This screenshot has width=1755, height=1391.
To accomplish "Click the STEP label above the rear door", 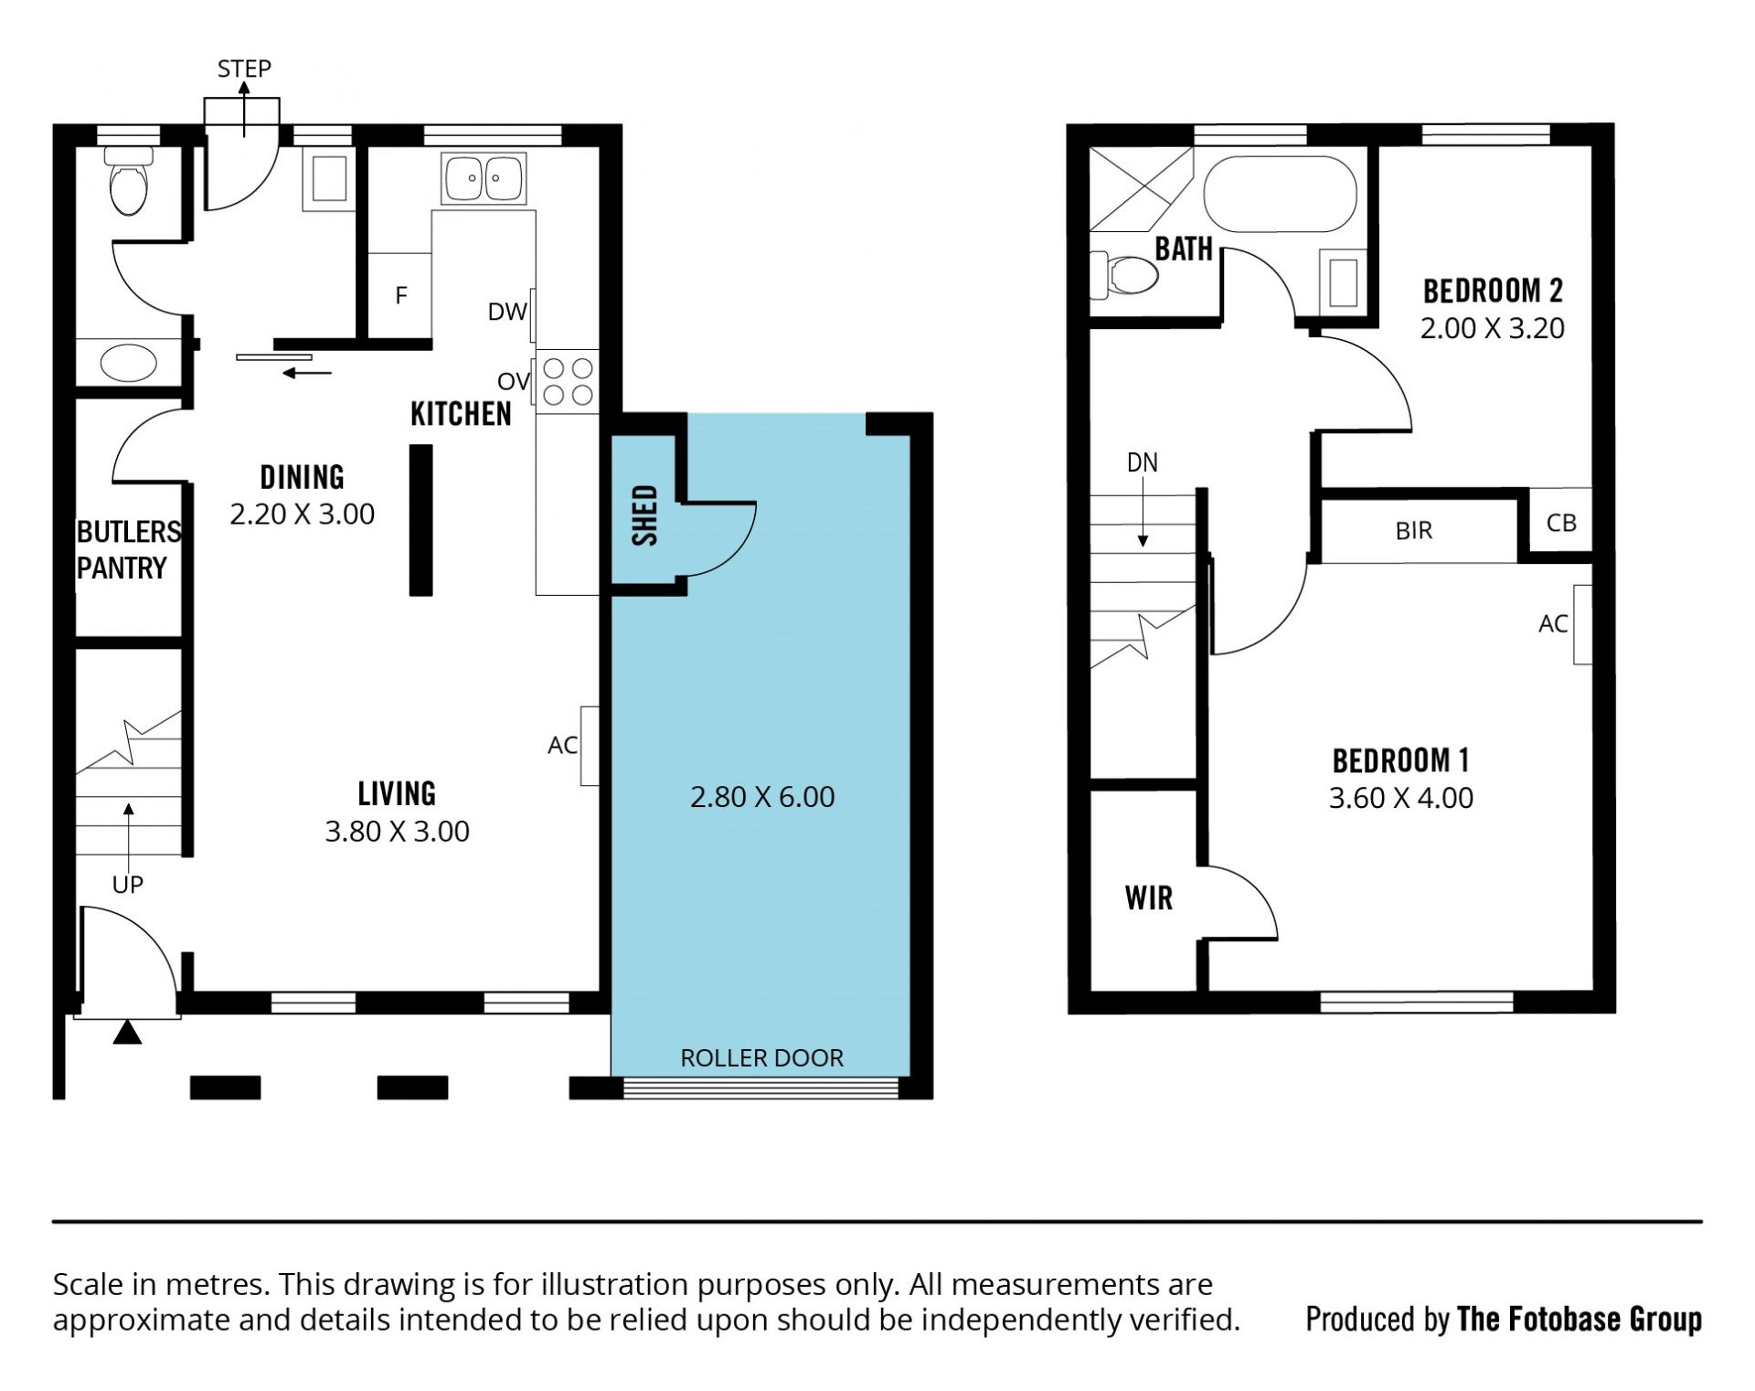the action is pos(244,69).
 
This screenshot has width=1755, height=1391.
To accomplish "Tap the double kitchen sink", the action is pos(483,178).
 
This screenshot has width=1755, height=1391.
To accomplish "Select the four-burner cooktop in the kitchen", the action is pos(568,382).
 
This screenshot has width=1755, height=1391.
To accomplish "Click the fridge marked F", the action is pos(400,295).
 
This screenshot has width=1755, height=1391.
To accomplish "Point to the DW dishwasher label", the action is pos(507,312).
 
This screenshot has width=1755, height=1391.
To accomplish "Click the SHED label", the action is pos(645,515).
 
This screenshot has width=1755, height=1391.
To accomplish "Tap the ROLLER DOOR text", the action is pos(761,1057).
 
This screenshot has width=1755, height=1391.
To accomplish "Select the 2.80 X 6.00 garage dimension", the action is pos(762,797).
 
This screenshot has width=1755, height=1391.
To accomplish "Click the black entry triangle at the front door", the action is pos(127,1033).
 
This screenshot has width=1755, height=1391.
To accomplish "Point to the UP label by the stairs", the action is pos(128,885).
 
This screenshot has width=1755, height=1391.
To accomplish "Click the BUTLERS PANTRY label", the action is pos(128,549).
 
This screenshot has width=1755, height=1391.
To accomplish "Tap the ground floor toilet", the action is pos(128,181).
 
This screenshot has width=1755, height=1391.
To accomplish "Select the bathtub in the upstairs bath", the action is pos(1280,194).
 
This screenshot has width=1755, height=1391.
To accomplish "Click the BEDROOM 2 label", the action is pos(1493,291).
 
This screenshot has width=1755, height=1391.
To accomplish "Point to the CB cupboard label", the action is pos(1561,523).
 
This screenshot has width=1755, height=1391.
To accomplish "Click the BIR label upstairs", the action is pos(1414,530).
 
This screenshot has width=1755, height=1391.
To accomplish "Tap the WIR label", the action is pos(1148,898).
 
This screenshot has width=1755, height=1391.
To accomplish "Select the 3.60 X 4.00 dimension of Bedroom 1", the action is pos(1401,798).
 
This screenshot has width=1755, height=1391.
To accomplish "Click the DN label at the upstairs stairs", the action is pos(1143,462).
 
